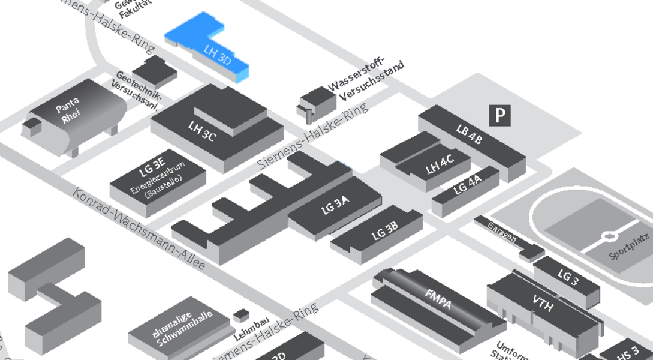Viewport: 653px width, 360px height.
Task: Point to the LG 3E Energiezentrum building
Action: click(x=157, y=181)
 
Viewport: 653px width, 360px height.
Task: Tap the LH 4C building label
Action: click(x=439, y=164)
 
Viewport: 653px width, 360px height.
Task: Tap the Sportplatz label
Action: click(x=629, y=247)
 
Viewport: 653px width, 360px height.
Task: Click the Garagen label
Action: click(x=502, y=233)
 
